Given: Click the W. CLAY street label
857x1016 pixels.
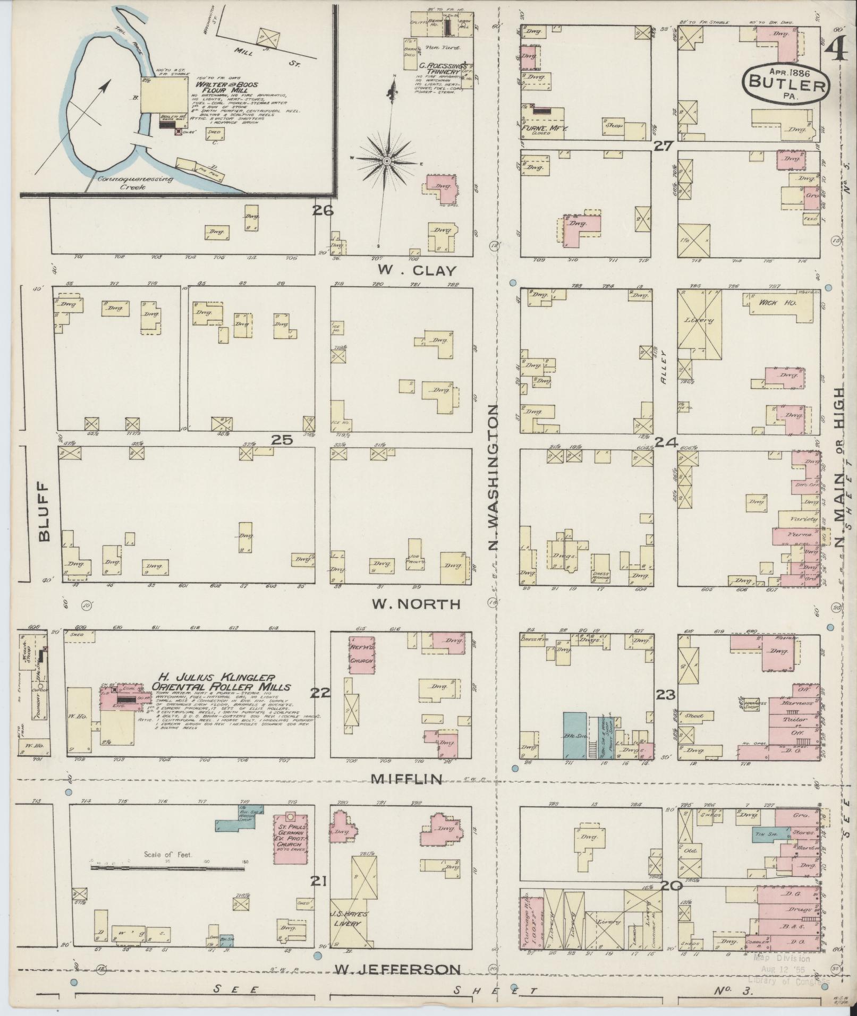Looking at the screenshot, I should pyautogui.click(x=417, y=271).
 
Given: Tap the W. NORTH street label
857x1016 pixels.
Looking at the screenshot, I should pyautogui.click(x=415, y=604).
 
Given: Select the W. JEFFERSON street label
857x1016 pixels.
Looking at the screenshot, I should pyautogui.click(x=397, y=969).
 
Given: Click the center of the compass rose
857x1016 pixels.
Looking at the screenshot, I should pyautogui.click(x=387, y=160).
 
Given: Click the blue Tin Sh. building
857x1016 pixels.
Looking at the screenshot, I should pyautogui.click(x=763, y=835).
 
